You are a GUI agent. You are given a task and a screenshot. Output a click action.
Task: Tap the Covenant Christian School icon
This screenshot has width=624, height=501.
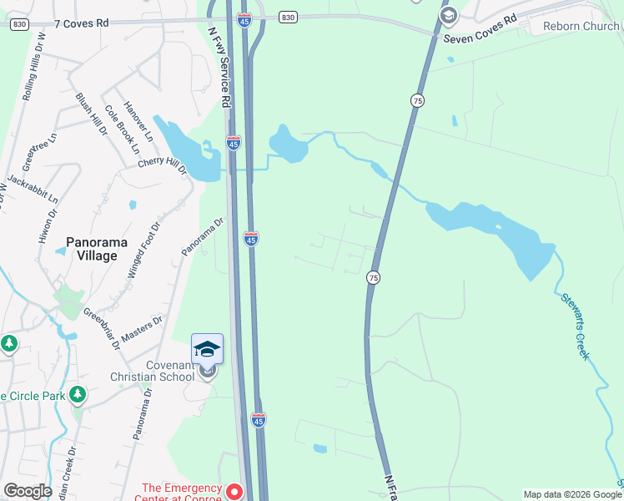207,349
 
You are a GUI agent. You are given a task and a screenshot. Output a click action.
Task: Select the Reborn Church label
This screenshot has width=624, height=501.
581,26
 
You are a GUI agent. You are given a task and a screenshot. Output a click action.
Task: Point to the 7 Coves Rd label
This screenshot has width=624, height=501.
82,23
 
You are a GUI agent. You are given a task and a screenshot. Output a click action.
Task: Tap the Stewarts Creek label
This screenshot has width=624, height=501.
576,325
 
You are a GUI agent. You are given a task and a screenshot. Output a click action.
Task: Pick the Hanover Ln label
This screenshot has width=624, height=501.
138,121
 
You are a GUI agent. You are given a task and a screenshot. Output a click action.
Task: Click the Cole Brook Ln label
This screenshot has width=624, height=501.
122,129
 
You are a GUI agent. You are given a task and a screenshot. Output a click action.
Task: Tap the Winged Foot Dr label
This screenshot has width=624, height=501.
143,250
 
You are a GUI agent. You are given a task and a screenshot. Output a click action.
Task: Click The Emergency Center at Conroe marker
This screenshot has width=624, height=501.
235,493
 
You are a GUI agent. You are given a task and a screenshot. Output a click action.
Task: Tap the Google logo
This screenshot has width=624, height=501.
28,491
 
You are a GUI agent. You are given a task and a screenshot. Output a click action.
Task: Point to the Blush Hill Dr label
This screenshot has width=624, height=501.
93,114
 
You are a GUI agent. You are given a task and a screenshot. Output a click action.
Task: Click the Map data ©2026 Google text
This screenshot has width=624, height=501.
572,494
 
